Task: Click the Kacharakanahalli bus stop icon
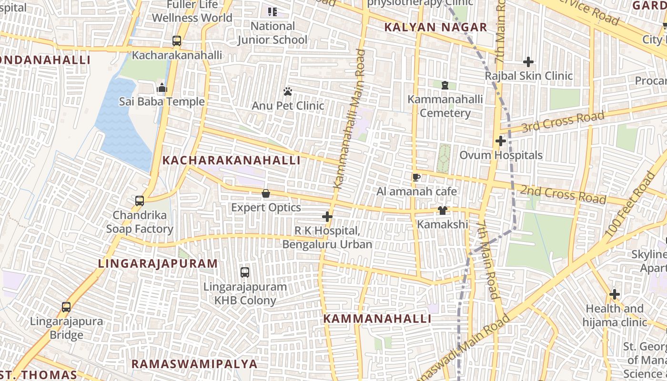177,41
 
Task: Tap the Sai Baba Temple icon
162,88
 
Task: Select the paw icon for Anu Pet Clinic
288,91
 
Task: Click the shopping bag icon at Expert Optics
266,194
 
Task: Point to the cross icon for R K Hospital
327,217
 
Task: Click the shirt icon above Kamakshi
443,211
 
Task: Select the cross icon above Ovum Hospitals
500,141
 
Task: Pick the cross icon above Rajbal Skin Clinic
528,62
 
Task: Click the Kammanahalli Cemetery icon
445,85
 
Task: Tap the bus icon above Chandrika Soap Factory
140,201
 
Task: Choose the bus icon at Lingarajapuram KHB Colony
245,272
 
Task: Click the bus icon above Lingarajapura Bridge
66,307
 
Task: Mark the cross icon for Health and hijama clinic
615,295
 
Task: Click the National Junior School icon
273,12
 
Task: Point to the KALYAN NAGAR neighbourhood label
435,27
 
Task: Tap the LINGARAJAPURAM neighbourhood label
158,263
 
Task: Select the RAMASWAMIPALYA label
194,364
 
